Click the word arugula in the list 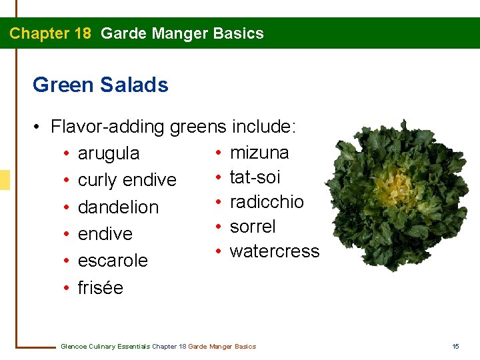(109, 154)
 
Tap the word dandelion (118, 207)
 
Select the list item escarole (113, 261)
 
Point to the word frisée (101, 288)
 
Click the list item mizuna (259, 153)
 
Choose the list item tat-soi (255, 177)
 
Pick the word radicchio (267, 202)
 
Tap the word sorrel (253, 227)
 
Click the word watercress (275, 251)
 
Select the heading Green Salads (100, 85)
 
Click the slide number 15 (456, 346)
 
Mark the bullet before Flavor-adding (39, 126)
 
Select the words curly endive (127, 180)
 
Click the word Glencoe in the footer (73, 346)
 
